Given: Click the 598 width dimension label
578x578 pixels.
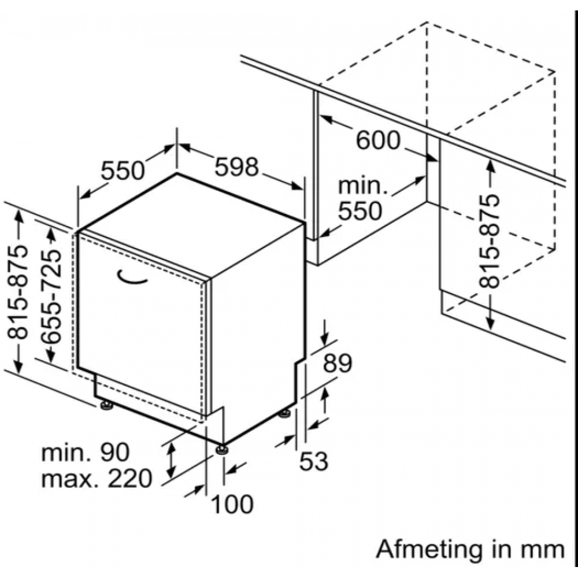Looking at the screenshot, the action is tap(236, 166).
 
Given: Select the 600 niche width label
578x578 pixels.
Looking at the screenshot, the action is tap(378, 140).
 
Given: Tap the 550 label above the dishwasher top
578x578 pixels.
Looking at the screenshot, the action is tap(123, 170).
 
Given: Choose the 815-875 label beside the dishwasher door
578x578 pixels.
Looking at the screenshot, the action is tap(18, 292).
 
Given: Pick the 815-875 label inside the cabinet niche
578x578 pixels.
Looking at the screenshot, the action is tap(490, 241).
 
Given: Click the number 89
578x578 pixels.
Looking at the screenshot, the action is tap(338, 364).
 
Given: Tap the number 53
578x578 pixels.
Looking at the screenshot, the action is tap(313, 461).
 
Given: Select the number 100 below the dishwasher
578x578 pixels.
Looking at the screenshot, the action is tap(232, 504).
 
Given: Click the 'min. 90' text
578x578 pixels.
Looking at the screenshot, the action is tap(86, 453).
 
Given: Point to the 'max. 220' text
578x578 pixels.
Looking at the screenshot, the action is tap(97, 479).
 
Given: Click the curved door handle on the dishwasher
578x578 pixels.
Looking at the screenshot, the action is tap(131, 278).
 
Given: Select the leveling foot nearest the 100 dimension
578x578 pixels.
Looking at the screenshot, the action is tap(222, 449).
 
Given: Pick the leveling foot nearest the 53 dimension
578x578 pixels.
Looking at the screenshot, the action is tap(284, 414).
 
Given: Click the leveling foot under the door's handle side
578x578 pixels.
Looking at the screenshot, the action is tap(106, 406).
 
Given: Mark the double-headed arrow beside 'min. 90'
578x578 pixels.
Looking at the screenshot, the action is tap(171, 460).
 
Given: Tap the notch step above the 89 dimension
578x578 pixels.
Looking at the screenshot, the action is tap(300, 361).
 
